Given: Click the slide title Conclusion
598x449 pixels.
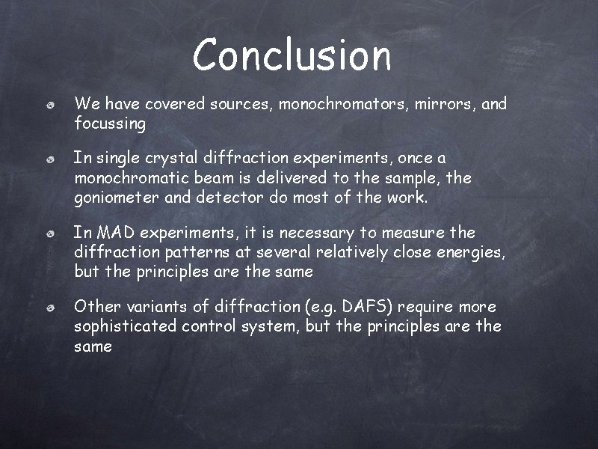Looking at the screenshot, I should [x=292, y=55].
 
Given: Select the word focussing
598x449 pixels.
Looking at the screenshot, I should [x=110, y=124].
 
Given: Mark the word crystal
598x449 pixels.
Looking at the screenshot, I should [x=170, y=159].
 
